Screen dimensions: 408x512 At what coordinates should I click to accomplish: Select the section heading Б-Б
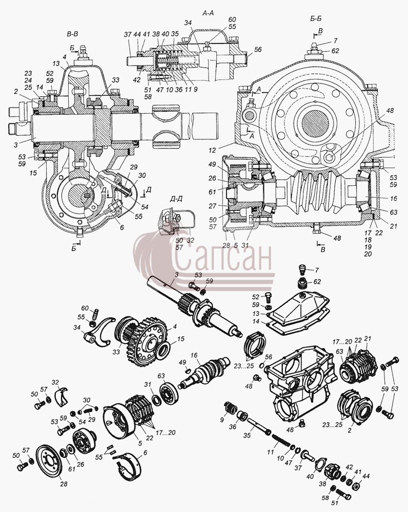click(x=316, y=18)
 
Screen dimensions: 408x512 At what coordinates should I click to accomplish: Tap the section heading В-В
click(x=72, y=34)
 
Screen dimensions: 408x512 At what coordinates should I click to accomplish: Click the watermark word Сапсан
click(x=222, y=258)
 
